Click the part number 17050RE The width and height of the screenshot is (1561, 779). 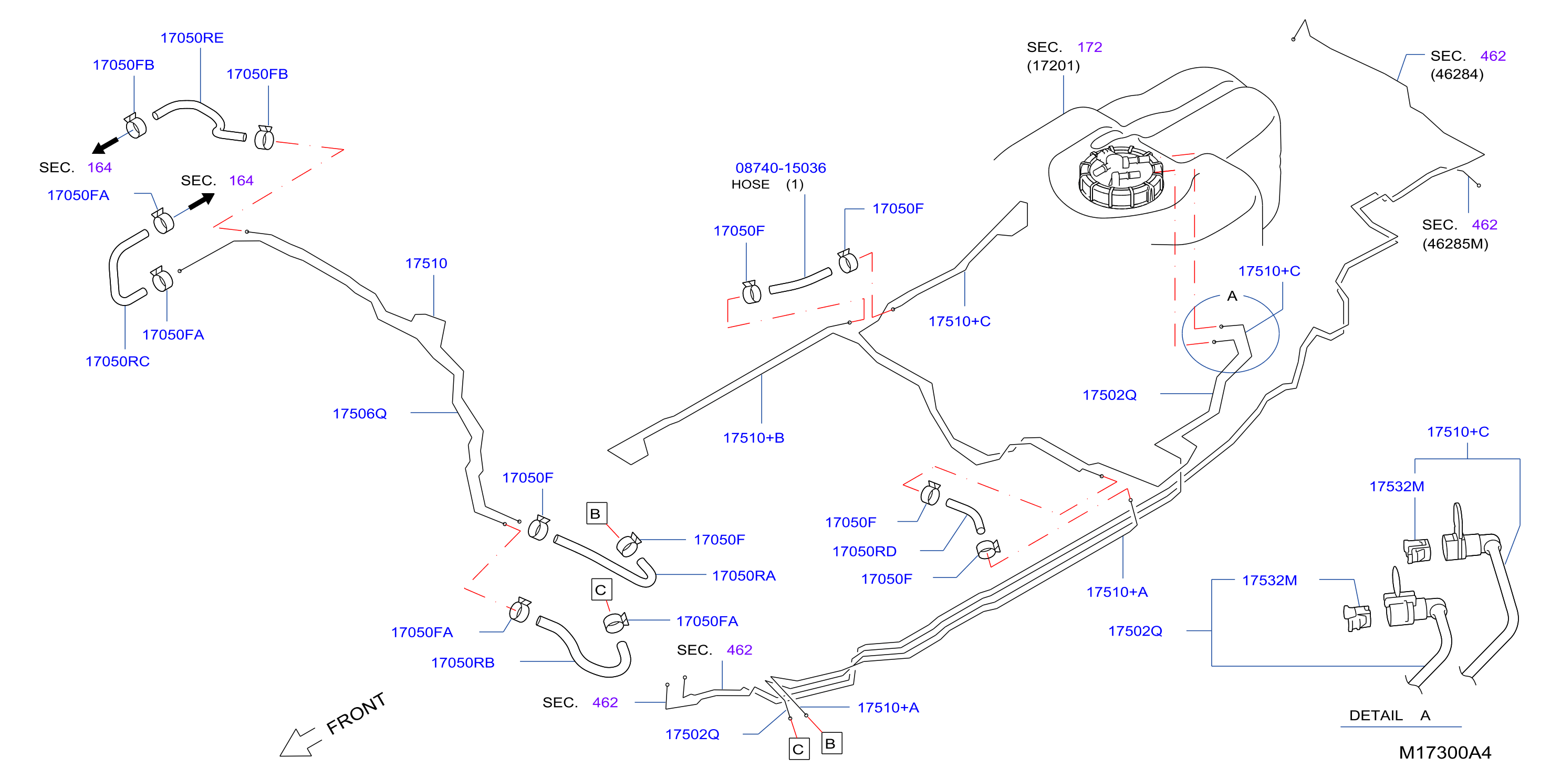(192, 38)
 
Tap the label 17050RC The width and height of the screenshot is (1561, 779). (117, 361)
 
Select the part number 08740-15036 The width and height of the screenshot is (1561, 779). (780, 168)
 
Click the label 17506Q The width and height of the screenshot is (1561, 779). (359, 413)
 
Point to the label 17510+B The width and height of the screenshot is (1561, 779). (753, 437)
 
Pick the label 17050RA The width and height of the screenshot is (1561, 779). (744, 575)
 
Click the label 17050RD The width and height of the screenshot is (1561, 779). (864, 551)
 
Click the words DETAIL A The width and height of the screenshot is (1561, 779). (1389, 715)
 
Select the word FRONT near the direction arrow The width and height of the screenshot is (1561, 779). (356, 713)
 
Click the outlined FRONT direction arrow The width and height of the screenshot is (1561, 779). (297, 742)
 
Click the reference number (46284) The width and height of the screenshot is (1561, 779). (1457, 74)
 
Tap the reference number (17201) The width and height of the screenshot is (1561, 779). (1053, 66)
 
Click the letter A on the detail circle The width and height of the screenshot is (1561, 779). (1232, 296)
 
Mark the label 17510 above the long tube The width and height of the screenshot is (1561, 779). (426, 263)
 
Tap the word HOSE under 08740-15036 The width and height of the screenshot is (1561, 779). (750, 184)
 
